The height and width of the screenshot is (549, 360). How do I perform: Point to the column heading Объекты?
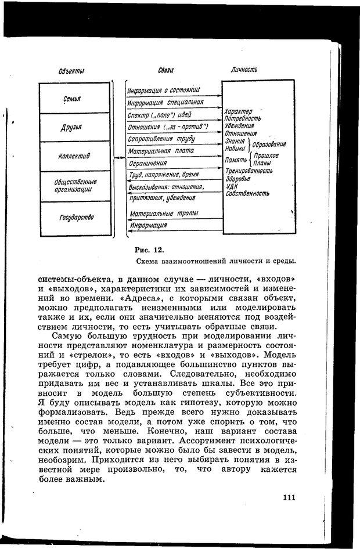[72, 71]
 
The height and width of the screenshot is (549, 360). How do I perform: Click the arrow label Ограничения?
[148, 164]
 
